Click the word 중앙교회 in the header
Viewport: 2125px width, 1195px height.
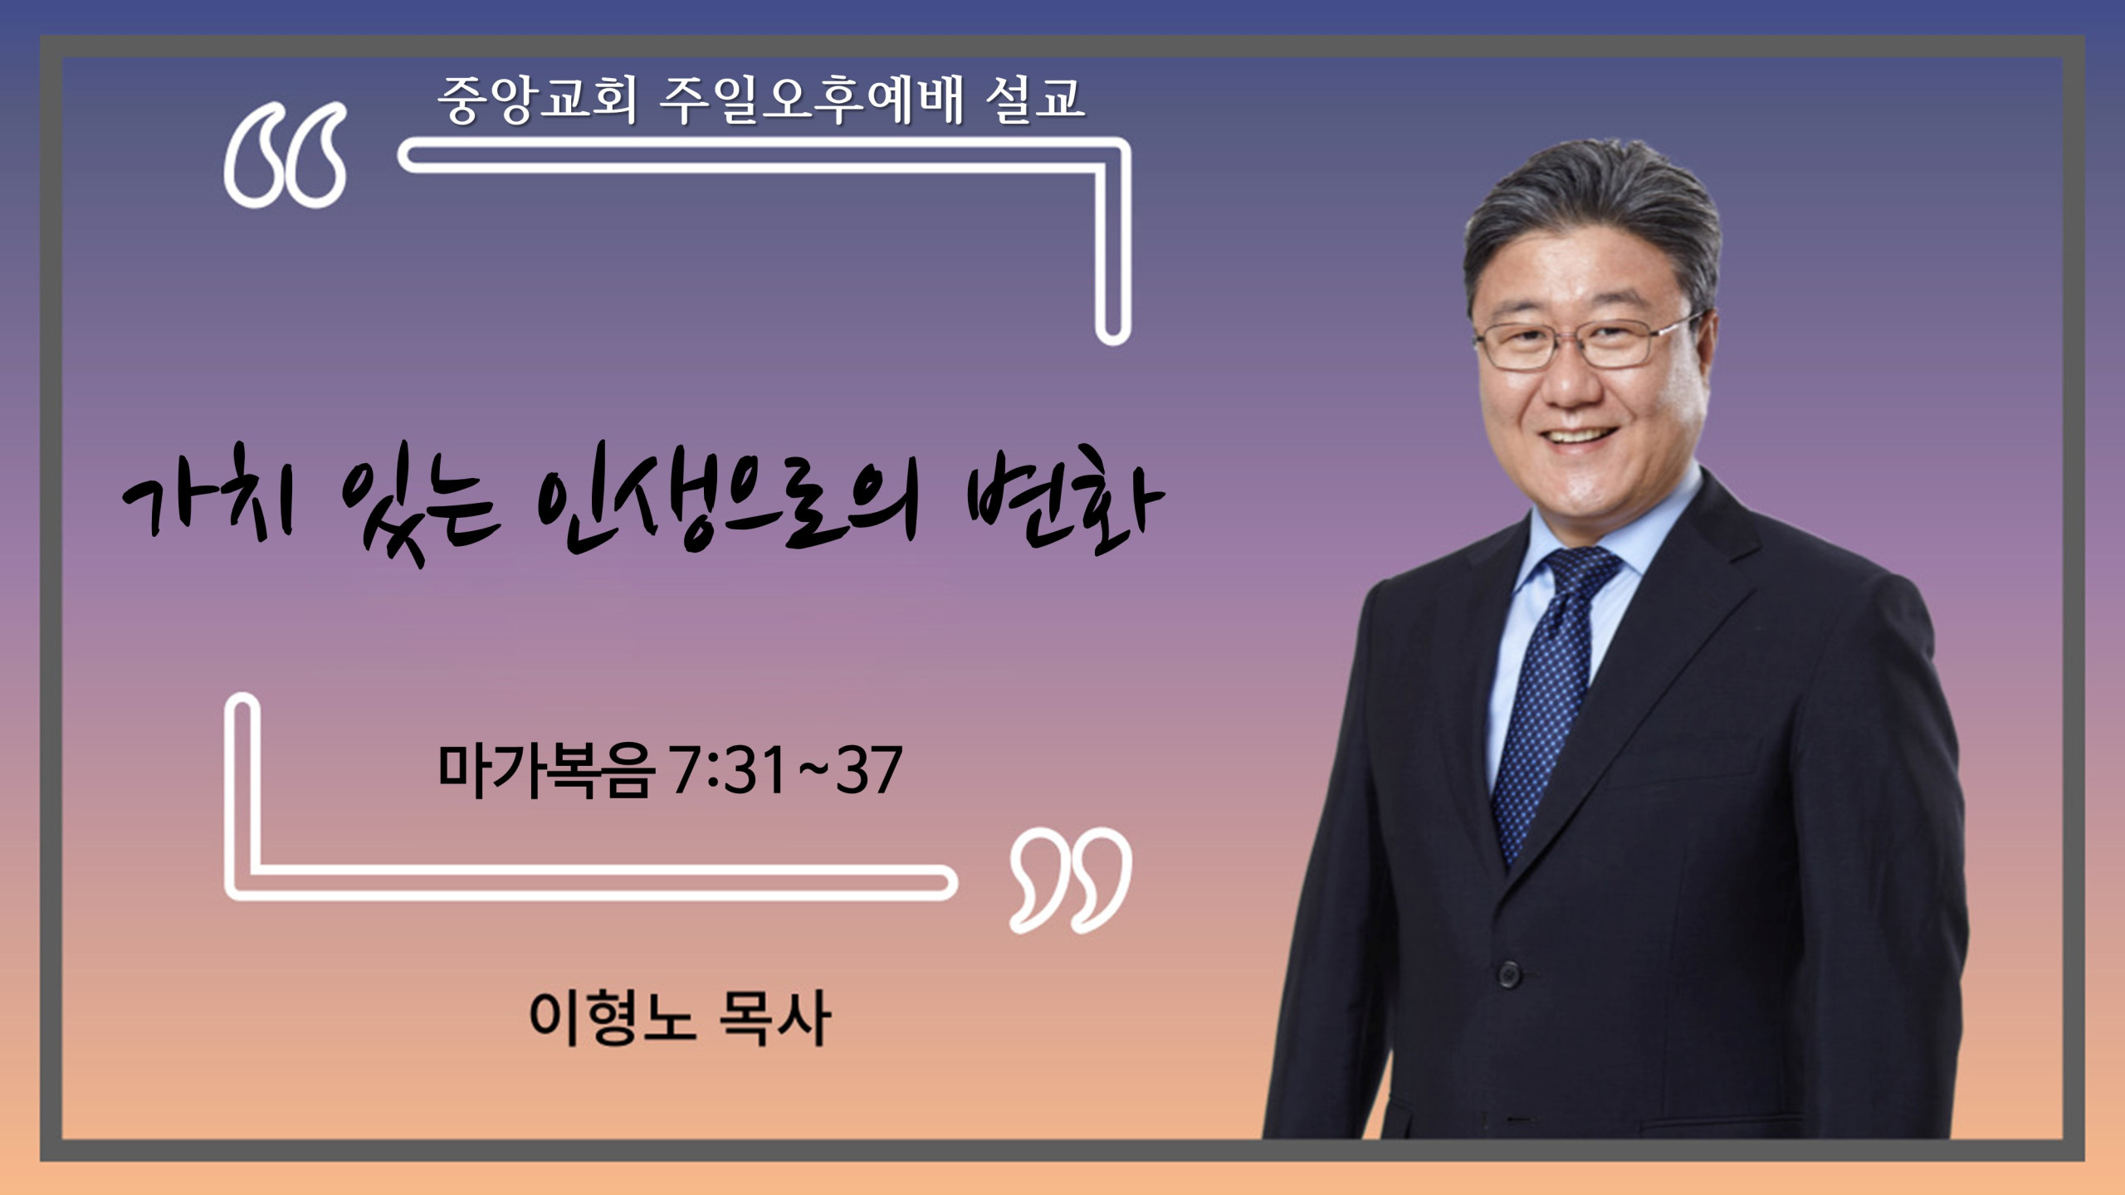tap(537, 100)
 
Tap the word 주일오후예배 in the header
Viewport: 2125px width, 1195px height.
tap(812, 100)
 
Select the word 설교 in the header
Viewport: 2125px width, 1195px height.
tap(1035, 100)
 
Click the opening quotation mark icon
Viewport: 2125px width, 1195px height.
tap(286, 155)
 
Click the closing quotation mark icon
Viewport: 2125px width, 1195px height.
tap(1071, 880)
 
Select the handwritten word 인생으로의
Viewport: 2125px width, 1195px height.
tap(727, 506)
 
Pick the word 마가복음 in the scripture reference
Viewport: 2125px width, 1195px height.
tap(545, 771)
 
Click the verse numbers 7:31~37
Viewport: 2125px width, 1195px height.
tap(786, 771)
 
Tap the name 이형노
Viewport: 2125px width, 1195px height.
tap(612, 1017)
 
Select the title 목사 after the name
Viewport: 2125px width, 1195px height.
tap(774, 1017)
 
